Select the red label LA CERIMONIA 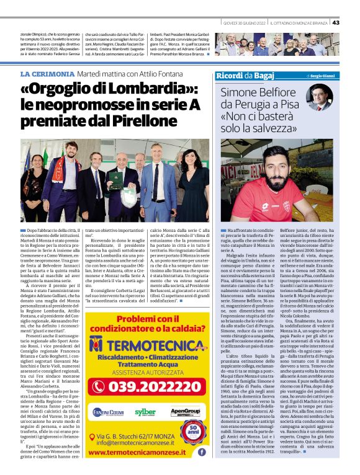(46, 74)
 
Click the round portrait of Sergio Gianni (321, 97)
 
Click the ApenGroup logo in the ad (184, 412)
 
